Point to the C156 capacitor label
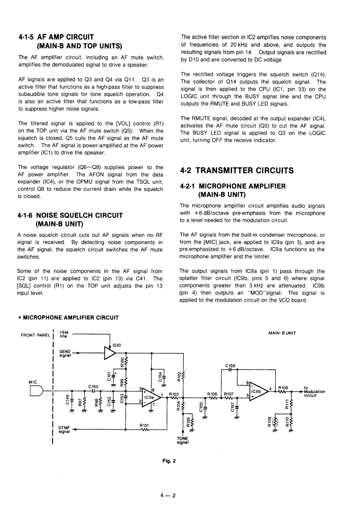click(x=230, y=365)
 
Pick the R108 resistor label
click(x=283, y=388)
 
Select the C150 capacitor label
click(x=93, y=386)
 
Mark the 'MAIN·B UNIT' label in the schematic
click(x=282, y=333)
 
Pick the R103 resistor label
click(x=174, y=394)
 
